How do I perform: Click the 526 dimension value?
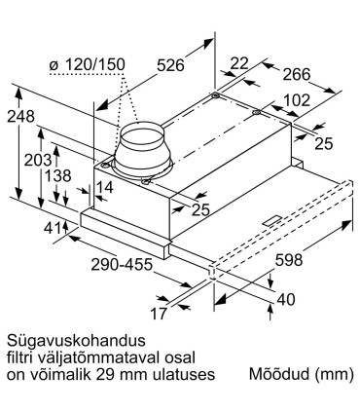pyautogui.click(x=172, y=66)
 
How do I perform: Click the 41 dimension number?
pyautogui.click(x=52, y=228)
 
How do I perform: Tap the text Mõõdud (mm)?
pyautogui.click(x=298, y=374)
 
